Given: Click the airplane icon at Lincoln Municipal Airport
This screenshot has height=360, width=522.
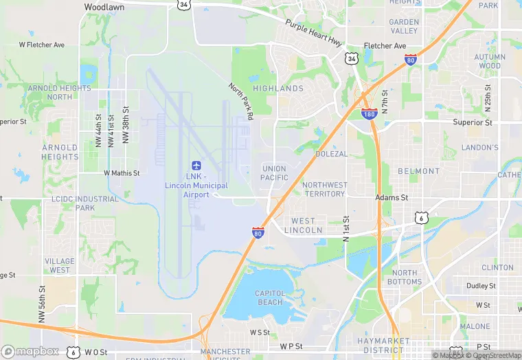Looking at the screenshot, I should (196, 166).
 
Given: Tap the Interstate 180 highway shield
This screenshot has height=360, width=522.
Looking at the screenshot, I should (369, 113).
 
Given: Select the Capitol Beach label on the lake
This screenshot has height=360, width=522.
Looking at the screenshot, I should (269, 297).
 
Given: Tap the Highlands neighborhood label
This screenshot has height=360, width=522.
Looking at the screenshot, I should (278, 89).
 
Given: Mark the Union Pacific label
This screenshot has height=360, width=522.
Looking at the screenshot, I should (274, 173).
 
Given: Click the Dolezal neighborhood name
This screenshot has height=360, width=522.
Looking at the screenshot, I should (332, 154).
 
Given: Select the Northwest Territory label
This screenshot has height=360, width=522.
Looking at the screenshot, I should (325, 190).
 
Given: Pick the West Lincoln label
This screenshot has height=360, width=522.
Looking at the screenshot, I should (304, 225).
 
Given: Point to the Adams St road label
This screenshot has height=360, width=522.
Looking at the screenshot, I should (391, 197).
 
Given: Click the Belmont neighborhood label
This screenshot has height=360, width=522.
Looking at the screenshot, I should (418, 171).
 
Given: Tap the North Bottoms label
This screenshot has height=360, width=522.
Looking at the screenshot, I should (405, 278).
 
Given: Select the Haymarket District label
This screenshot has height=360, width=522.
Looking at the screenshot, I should (383, 346).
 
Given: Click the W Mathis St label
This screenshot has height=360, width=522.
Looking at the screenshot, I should (122, 174).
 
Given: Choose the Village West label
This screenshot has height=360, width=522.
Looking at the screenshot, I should (60, 266).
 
